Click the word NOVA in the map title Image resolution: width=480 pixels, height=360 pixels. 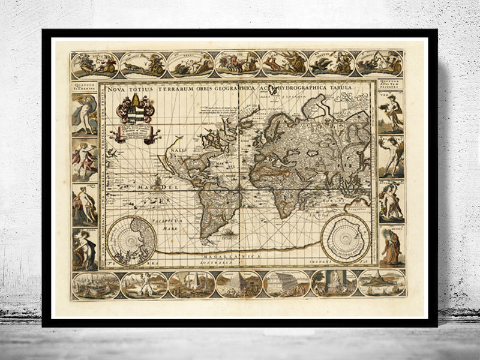click(x=116, y=88)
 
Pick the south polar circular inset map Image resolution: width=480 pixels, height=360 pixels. click(x=346, y=236)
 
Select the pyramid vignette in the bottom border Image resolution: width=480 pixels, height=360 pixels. click(x=239, y=284)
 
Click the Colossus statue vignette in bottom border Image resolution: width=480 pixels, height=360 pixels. click(x=144, y=284)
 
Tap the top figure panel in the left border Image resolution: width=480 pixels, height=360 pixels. click(x=85, y=114)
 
